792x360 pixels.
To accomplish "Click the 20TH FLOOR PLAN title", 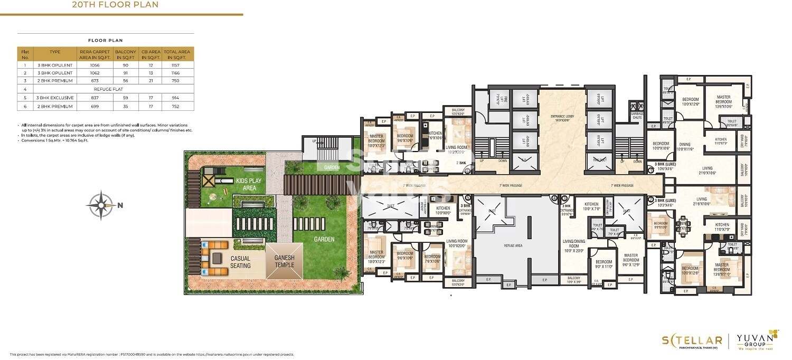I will click(x=115, y=5).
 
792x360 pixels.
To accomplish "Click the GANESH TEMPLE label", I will click(x=285, y=261).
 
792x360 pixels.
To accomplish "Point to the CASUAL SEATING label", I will click(x=240, y=262).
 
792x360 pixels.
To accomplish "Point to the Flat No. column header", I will click(x=25, y=54).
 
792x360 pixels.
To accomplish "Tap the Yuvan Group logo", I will click(x=758, y=340).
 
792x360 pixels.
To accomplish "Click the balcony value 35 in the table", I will click(x=127, y=106).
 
